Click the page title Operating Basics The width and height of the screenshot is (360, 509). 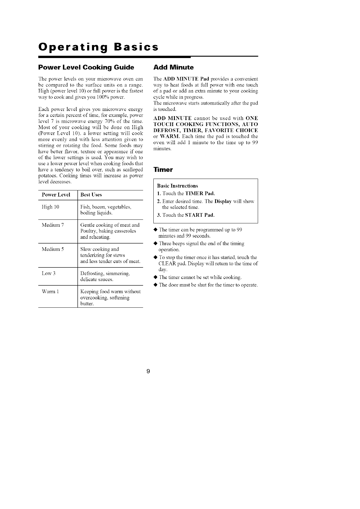point(98,47)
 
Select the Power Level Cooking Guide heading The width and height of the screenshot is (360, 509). point(86,67)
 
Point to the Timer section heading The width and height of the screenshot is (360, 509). point(163,170)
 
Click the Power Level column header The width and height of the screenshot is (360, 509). point(56,195)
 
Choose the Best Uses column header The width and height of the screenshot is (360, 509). point(91,195)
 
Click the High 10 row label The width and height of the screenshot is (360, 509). point(50,207)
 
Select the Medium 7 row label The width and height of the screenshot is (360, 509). point(53,225)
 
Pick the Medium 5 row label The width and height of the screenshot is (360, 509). point(53,249)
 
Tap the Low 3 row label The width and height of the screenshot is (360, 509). point(48,274)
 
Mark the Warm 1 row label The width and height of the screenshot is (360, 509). point(50,292)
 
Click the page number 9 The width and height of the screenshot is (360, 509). point(148,371)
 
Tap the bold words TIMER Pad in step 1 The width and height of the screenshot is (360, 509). point(199,193)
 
